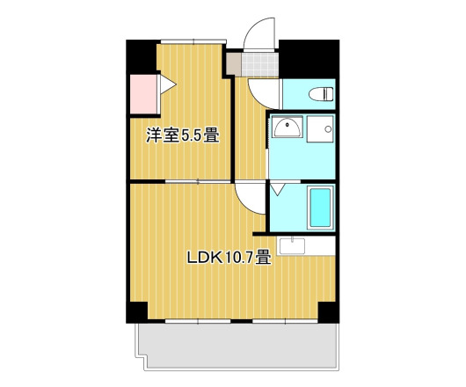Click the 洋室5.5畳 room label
[x=182, y=136]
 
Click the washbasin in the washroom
[x=287, y=130]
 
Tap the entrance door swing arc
[x=258, y=35]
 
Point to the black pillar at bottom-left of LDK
[x=136, y=311]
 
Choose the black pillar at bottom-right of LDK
[x=327, y=311]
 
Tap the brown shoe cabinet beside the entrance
[x=233, y=65]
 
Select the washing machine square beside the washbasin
[x=323, y=130]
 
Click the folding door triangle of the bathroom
[x=278, y=187]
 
